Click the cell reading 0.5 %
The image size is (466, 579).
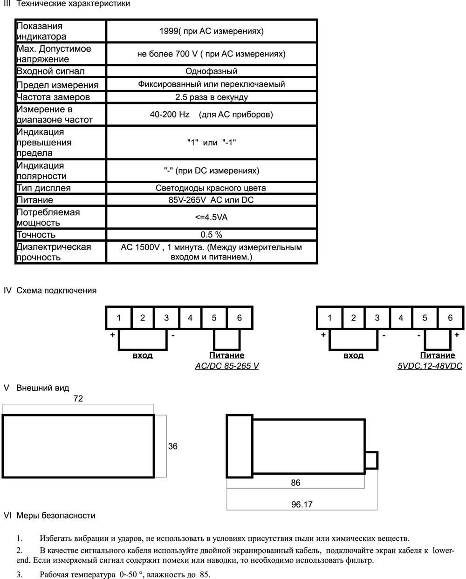pos(211,234)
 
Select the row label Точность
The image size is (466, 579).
pos(36,235)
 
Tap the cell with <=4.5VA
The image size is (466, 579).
pos(211,217)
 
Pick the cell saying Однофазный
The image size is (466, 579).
pos(211,71)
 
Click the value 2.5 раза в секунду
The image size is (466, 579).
pos(211,97)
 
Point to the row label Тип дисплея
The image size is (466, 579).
pos(44,188)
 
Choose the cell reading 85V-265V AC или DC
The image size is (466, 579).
pos(211,200)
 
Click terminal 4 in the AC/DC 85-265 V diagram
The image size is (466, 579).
pos(190,318)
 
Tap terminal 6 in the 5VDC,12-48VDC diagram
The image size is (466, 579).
pos(450,318)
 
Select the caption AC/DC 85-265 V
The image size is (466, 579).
pos(226,366)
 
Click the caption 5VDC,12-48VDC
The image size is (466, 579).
pos(430,366)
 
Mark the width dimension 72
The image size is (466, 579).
pos(78,398)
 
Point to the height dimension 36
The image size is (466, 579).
pos(172,446)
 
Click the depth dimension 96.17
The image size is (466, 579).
pos(302,504)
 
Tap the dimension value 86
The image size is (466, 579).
pos(295,483)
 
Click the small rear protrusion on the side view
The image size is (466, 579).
pos(371,460)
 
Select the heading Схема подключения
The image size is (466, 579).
pos(56,290)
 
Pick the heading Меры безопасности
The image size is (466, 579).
pos(56,515)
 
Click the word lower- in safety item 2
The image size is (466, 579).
pos(443,551)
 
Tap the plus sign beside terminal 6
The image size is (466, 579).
pos(457,335)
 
